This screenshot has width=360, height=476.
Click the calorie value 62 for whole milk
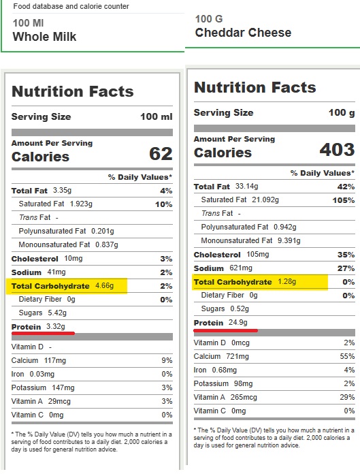pos(161,154)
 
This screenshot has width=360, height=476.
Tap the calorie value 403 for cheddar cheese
pos(338,149)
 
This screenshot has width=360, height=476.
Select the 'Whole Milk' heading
pos(44,36)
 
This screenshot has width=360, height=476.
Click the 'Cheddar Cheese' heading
pos(243,33)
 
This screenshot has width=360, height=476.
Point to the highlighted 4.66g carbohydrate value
pos(105,285)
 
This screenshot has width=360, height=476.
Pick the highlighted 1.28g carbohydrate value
pos(287,281)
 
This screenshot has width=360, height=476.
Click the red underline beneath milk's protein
pos(43,333)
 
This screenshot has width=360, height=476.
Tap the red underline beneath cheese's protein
pos(226,330)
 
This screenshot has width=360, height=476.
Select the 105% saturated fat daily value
pos(344,200)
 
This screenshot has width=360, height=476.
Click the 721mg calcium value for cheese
pos(238,356)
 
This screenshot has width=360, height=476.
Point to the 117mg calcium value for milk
pos(55,360)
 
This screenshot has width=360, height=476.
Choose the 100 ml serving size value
pos(157,116)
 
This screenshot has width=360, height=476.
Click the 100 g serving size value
pos(342,112)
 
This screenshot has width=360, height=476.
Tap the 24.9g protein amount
pos(238,322)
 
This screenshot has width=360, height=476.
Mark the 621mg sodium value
pos(241,268)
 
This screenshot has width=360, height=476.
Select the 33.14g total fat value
pos(246,186)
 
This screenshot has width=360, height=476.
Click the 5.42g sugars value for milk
pos(57,313)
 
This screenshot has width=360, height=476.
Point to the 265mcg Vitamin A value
pos(244,397)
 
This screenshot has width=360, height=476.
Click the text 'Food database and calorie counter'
pos(71,6)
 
